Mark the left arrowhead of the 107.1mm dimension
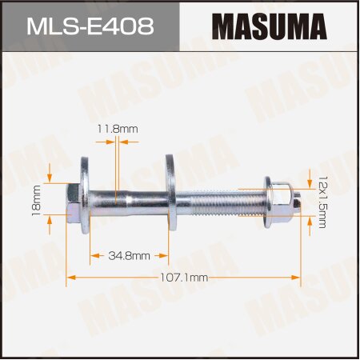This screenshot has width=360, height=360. (x=70, y=277)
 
